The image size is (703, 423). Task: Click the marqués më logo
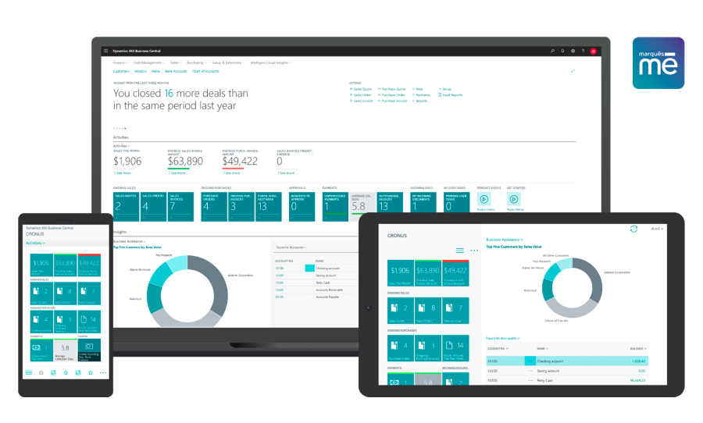click(x=658, y=62)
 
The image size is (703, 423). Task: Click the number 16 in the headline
click(x=169, y=93)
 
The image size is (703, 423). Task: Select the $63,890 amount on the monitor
click(x=185, y=162)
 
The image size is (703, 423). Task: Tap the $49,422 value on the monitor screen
click(x=240, y=162)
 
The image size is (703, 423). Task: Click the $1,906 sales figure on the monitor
click(x=127, y=162)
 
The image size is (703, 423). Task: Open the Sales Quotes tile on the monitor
click(x=126, y=203)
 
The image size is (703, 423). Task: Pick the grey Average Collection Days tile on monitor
click(x=362, y=203)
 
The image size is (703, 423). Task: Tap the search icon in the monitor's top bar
click(x=552, y=51)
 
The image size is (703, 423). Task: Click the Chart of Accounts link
click(x=206, y=71)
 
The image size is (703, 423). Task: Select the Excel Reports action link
click(x=452, y=95)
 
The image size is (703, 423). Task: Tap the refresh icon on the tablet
click(x=633, y=229)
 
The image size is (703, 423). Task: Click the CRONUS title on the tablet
click(x=399, y=234)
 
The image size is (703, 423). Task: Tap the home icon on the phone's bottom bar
click(x=41, y=373)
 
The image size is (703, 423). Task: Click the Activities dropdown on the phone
click(x=36, y=243)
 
